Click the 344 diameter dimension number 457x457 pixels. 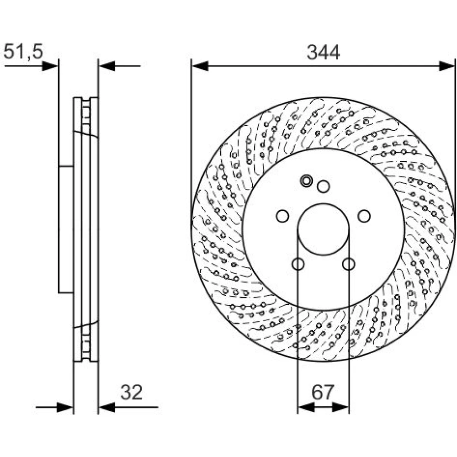coord(323,53)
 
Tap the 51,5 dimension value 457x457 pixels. coord(23,52)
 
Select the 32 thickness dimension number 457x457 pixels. coord(132,392)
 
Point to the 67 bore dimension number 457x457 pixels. coord(323,392)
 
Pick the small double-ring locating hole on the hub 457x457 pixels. coord(306,181)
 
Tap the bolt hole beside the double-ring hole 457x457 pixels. coord(323,186)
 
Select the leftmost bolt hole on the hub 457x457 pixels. coord(282,216)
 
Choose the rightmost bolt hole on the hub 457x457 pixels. coord(364,216)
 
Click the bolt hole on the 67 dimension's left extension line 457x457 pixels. coord(298,264)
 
